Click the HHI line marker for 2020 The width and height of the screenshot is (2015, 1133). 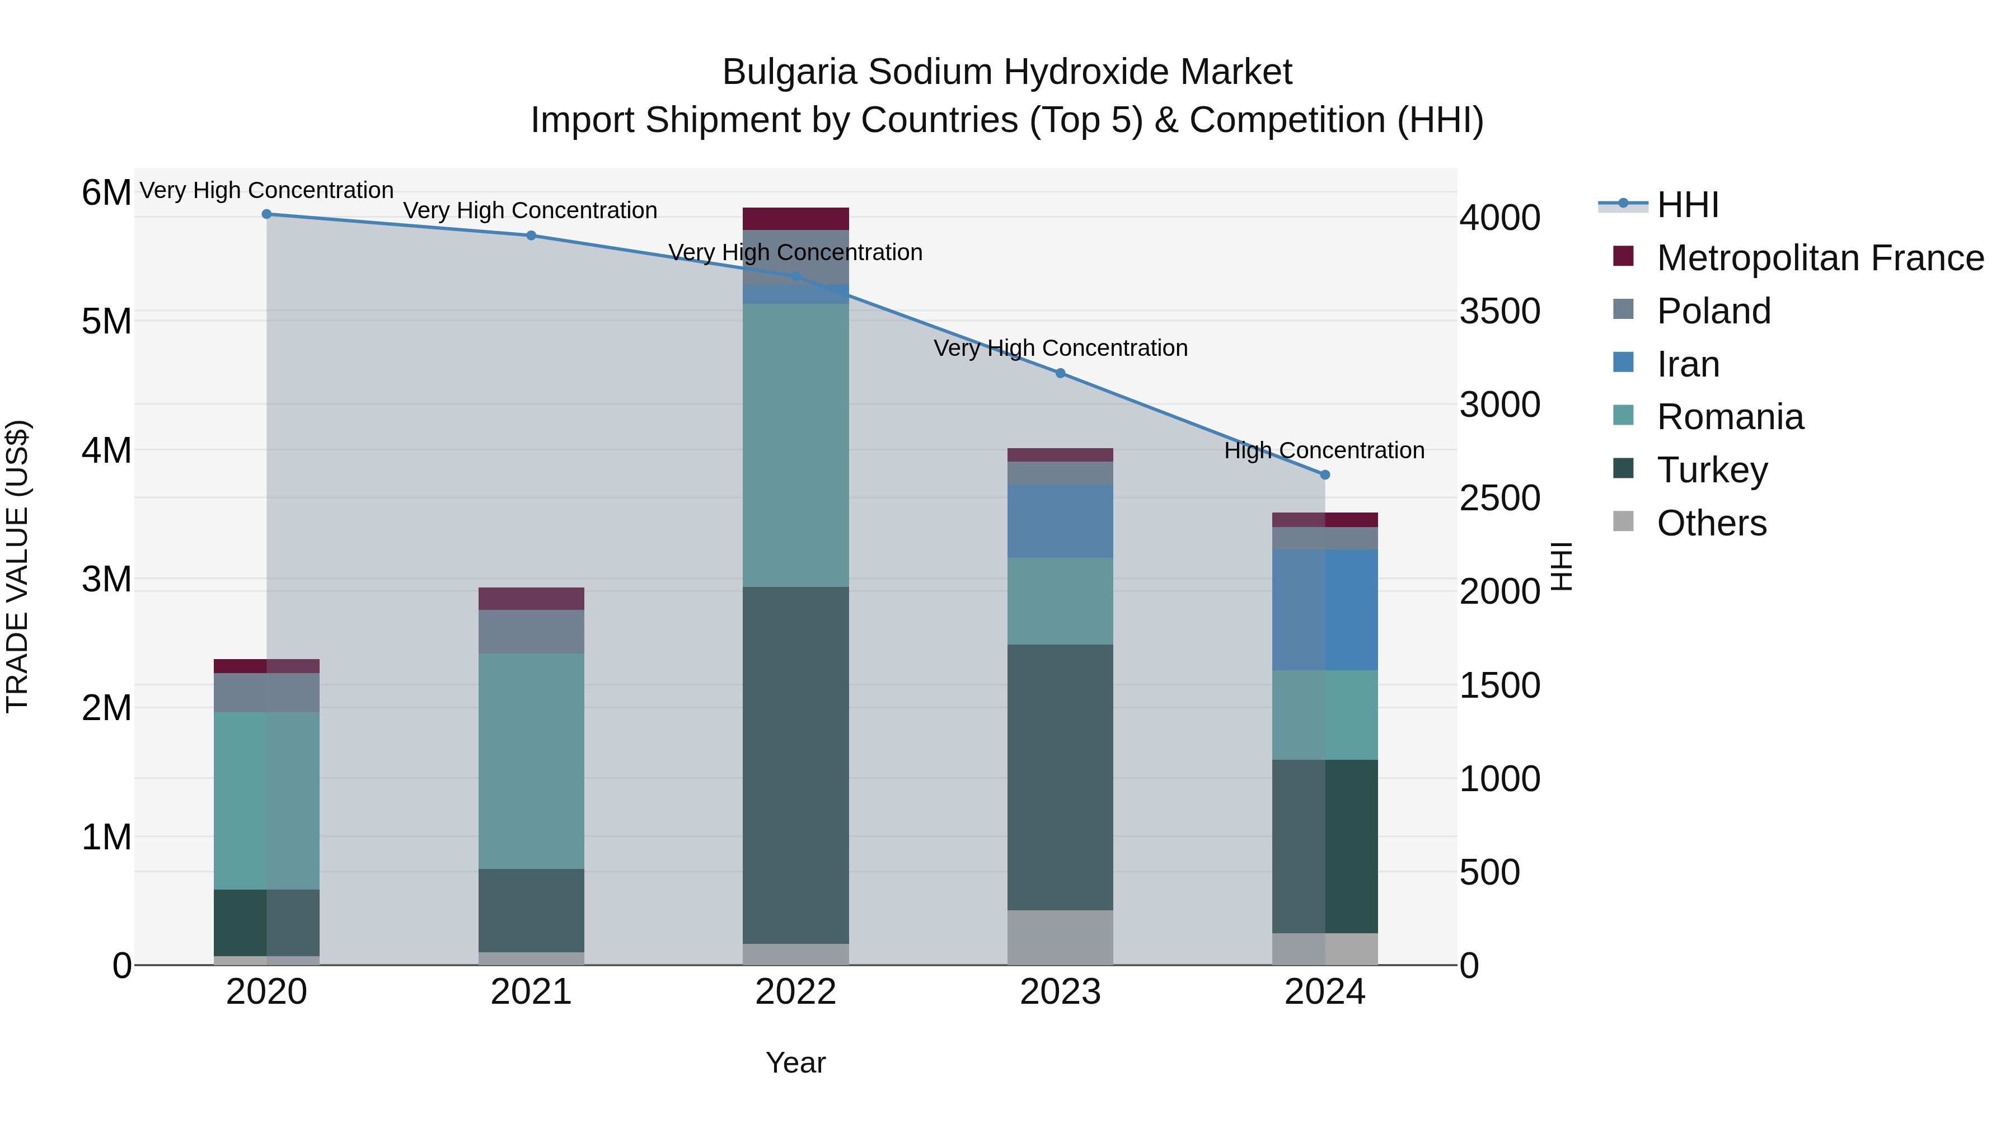click(x=267, y=214)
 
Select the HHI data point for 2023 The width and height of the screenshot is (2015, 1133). click(x=1061, y=374)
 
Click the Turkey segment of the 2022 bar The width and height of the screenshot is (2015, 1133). click(x=795, y=767)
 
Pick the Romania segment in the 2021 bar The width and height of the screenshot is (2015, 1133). click(x=531, y=761)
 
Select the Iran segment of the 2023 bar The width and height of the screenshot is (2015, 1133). click(x=1061, y=521)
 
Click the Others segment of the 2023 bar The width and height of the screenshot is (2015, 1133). click(x=1061, y=938)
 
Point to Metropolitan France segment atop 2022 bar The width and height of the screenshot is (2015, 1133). click(x=795, y=219)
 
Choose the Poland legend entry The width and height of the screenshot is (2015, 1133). click(x=1713, y=311)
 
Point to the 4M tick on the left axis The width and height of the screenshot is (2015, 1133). click(x=106, y=450)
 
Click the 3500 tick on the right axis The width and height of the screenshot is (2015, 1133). click(x=1499, y=311)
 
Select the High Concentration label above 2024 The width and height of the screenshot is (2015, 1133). click(x=1324, y=451)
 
